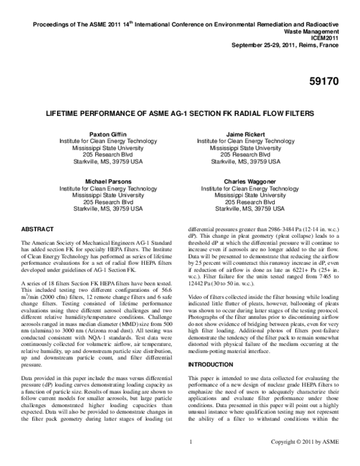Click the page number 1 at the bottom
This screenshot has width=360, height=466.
(189, 459)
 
